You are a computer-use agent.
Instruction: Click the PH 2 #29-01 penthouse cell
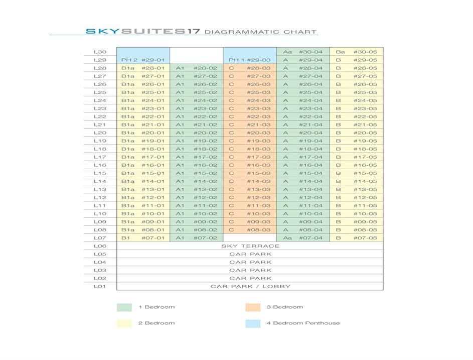coord(143,60)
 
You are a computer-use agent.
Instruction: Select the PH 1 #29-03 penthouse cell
coord(249,60)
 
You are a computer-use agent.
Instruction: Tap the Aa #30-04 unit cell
coord(302,52)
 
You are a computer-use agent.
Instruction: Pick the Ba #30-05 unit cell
coord(356,52)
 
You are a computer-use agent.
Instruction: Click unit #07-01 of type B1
coord(143,238)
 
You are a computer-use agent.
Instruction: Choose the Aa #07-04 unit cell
coord(302,238)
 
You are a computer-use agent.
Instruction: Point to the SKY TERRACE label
coord(250,246)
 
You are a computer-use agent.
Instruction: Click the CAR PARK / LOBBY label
coord(250,286)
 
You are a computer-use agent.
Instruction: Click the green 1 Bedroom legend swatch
coord(124,307)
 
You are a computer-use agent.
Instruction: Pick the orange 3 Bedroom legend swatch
coord(253,307)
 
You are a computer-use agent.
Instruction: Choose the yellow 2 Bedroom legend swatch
coord(124,323)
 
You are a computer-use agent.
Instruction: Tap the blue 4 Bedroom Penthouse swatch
coord(253,323)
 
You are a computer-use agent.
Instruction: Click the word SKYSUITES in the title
coord(134,31)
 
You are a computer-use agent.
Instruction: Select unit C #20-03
coord(249,133)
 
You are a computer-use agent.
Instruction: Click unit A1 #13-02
coord(196,189)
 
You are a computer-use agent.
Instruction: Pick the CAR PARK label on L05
coord(250,254)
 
